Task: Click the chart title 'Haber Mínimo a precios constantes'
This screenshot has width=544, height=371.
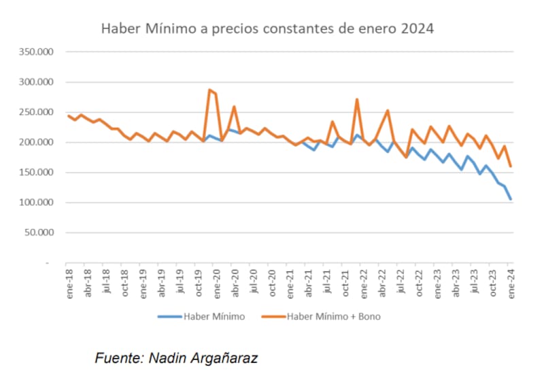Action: click(x=267, y=29)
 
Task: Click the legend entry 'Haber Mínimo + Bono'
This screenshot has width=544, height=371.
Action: click(x=333, y=316)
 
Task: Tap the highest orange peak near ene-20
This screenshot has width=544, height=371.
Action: click(x=209, y=90)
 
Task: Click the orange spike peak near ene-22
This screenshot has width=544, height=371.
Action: click(x=357, y=100)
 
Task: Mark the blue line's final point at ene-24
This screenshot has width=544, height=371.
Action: click(x=511, y=199)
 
